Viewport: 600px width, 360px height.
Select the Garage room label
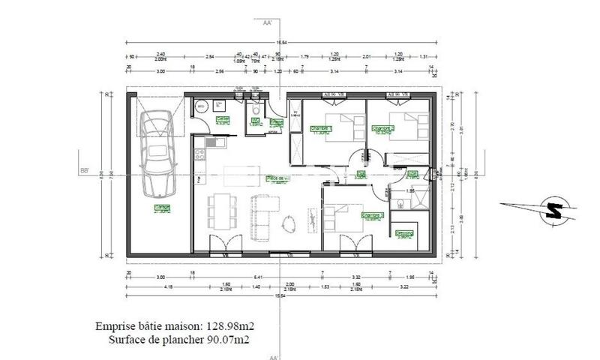pyautogui.click(x=160, y=208)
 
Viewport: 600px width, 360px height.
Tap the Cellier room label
pyautogui.click(x=223, y=119)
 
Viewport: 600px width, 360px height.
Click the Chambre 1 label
pyautogui.click(x=321, y=129)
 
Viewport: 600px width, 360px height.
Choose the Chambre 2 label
pyautogui.click(x=383, y=129)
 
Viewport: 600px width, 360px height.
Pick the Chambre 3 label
pyautogui.click(x=372, y=216)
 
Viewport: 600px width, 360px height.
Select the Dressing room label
pyautogui.click(x=406, y=233)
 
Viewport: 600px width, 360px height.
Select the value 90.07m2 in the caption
pyautogui.click(x=224, y=340)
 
